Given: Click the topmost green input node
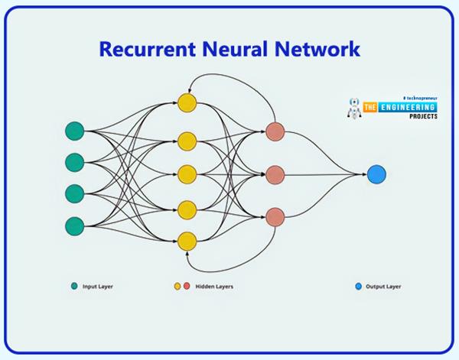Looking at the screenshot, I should click(74, 131).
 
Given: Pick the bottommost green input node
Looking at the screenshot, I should click(74, 225).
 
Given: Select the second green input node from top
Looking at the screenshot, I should click(74, 162).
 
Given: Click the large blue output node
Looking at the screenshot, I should click(376, 174).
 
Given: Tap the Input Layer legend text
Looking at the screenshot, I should click(98, 287).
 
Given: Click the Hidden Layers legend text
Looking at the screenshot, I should click(214, 287).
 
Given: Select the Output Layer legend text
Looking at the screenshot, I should click(383, 287).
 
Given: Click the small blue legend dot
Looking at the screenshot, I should click(358, 287).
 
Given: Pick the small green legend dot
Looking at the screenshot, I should click(74, 287).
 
